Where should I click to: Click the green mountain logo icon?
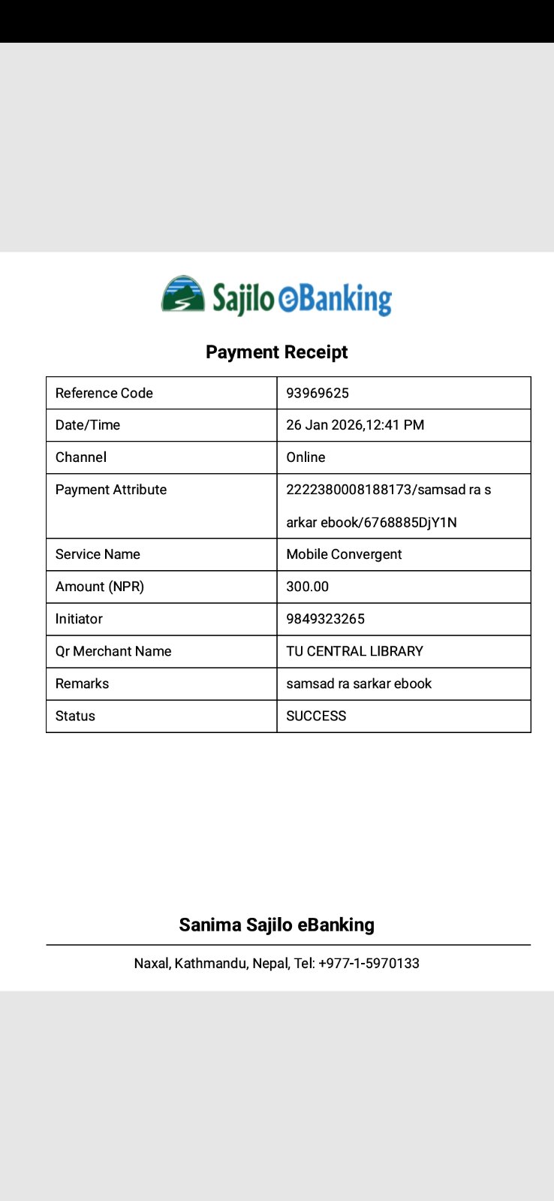click(x=183, y=294)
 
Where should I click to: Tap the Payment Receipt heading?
click(x=276, y=352)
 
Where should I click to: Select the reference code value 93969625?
click(x=318, y=393)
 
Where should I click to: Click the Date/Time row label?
click(x=88, y=425)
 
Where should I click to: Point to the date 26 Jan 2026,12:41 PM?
click(x=355, y=425)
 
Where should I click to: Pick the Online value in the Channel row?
click(x=306, y=457)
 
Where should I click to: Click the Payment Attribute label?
click(x=111, y=490)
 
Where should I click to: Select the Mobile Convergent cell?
click(x=344, y=554)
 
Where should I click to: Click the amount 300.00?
click(x=307, y=587)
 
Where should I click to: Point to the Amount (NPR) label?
click(x=100, y=587)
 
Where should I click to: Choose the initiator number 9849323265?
click(x=325, y=619)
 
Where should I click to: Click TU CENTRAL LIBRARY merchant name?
click(x=354, y=651)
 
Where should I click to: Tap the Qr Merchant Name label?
click(x=113, y=651)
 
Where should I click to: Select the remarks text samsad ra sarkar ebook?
click(x=359, y=683)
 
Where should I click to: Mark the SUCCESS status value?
click(x=316, y=716)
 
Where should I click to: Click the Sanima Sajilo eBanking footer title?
click(x=276, y=925)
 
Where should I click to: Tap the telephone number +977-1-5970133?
click(x=369, y=964)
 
